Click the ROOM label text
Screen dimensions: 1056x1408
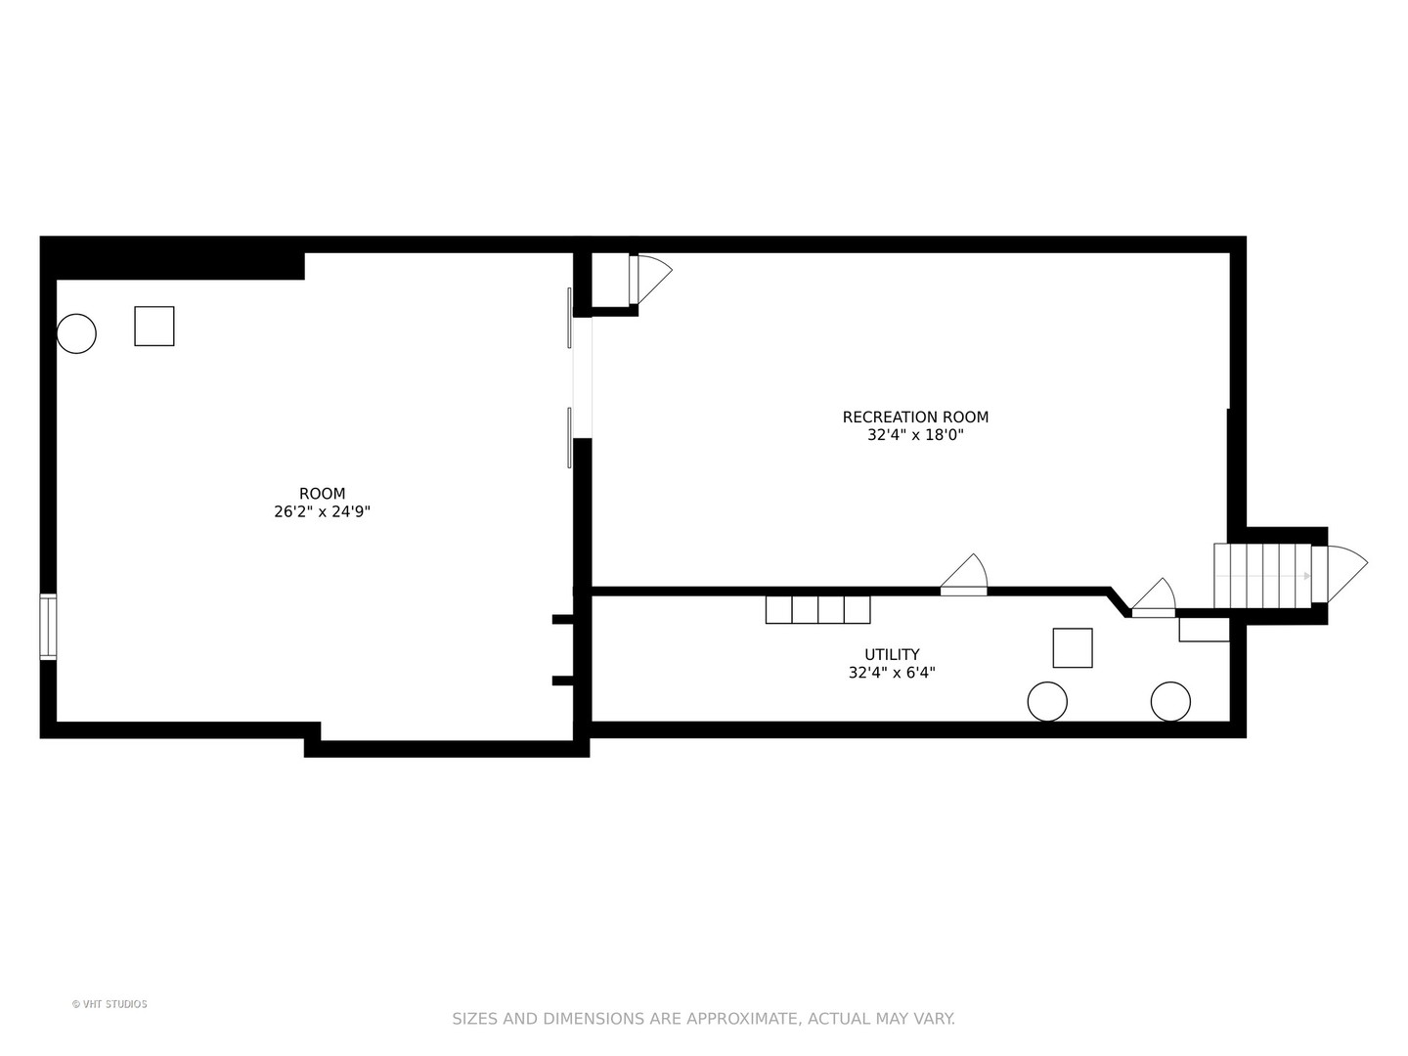point(322,494)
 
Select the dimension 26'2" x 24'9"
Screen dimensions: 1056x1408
point(322,511)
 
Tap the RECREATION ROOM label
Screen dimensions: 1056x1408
point(915,418)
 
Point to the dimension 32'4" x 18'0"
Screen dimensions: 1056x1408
point(915,435)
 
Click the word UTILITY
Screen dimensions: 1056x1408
point(892,655)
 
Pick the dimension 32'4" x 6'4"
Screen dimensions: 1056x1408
point(892,673)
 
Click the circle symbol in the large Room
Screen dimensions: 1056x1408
point(76,333)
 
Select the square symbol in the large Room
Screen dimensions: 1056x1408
point(154,326)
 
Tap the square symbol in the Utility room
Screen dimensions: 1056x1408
point(1073,647)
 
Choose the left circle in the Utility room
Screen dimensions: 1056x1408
point(1047,702)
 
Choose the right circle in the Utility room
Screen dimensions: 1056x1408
point(1170,702)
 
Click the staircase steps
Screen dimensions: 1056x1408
point(1261,576)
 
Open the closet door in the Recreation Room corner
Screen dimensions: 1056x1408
point(650,280)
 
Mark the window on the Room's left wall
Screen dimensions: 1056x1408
point(48,627)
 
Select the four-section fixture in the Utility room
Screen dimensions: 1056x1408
point(817,609)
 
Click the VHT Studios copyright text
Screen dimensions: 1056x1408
point(110,1004)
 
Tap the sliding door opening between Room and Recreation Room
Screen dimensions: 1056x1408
point(582,377)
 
